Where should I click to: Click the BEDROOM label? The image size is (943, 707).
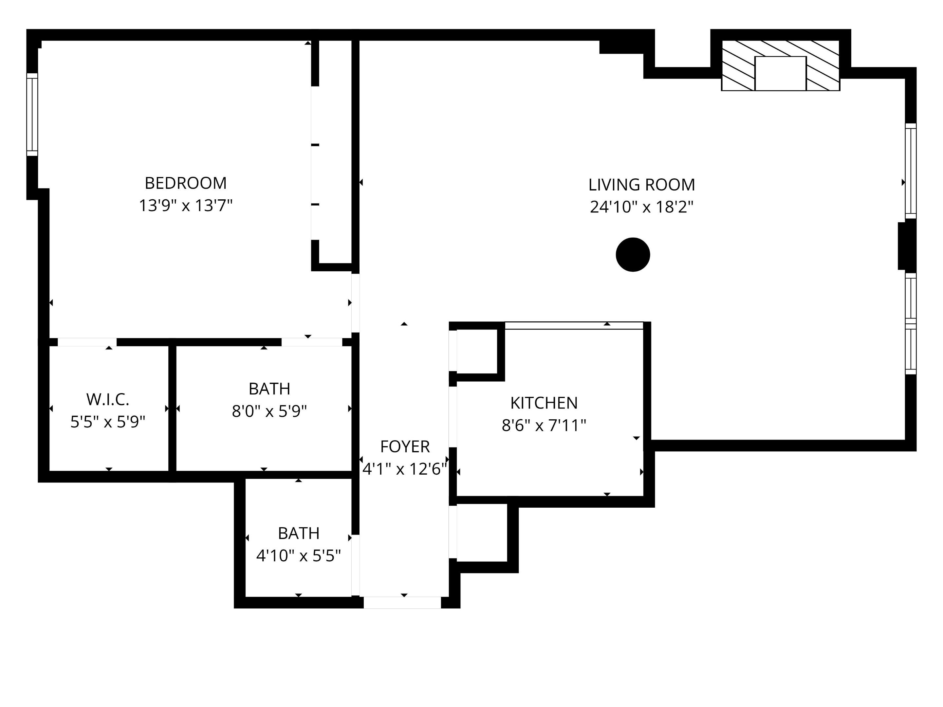(x=185, y=183)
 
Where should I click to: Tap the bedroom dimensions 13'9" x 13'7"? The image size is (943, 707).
(x=185, y=206)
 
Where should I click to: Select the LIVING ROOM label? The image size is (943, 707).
(x=641, y=185)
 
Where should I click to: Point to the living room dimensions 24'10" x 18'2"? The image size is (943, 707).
(x=641, y=207)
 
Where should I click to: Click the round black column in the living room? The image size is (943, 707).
(x=633, y=254)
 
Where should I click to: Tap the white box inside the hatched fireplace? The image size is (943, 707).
(x=780, y=73)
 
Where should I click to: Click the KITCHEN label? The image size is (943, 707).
(x=544, y=403)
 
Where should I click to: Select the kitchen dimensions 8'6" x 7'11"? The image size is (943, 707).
(x=544, y=425)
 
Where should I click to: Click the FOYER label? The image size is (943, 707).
(x=405, y=446)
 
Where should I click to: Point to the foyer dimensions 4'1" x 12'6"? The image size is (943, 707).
(x=405, y=469)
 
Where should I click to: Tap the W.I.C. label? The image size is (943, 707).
(x=107, y=400)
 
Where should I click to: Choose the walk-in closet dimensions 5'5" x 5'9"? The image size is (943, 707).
(x=107, y=422)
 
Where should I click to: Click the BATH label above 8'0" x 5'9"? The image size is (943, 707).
(x=269, y=389)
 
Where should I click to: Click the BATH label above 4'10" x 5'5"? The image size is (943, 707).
(x=298, y=533)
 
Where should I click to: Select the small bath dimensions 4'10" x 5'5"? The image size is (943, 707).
(x=298, y=556)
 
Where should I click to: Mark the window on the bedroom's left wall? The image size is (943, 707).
(x=32, y=114)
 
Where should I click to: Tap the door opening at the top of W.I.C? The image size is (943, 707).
(x=87, y=342)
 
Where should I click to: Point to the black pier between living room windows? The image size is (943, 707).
(x=907, y=246)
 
